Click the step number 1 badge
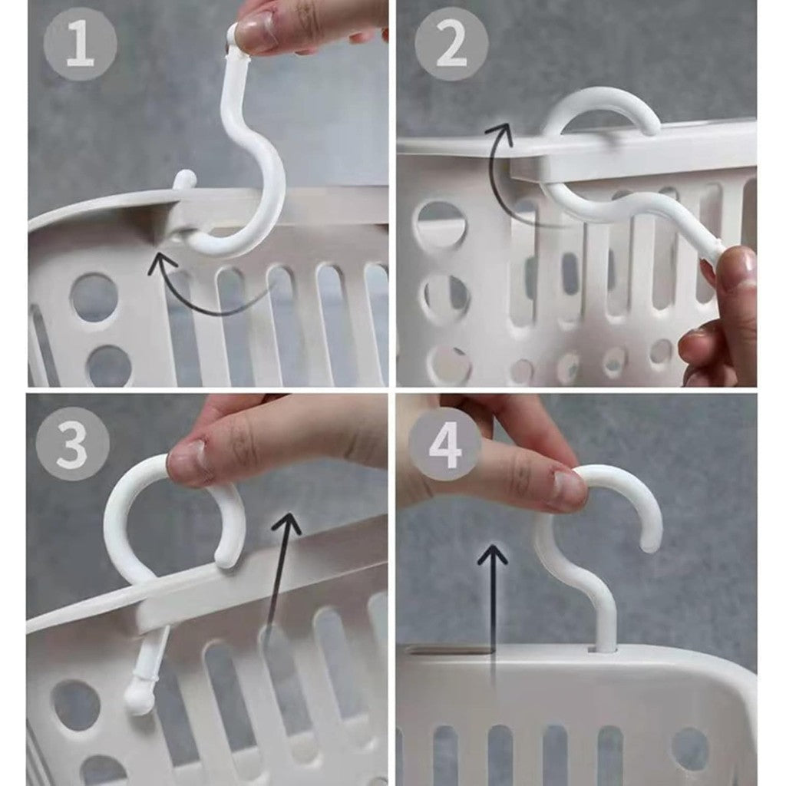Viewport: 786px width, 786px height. [80, 43]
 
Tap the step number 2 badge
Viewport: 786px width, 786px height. [451, 43]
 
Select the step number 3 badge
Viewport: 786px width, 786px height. [73, 444]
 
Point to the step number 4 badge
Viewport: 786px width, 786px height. [445, 444]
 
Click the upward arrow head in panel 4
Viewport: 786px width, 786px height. [492, 556]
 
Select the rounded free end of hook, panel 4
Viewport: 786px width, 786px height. [650, 543]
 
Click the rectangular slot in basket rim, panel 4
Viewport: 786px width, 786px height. [448, 652]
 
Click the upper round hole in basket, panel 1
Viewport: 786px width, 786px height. [94, 298]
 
